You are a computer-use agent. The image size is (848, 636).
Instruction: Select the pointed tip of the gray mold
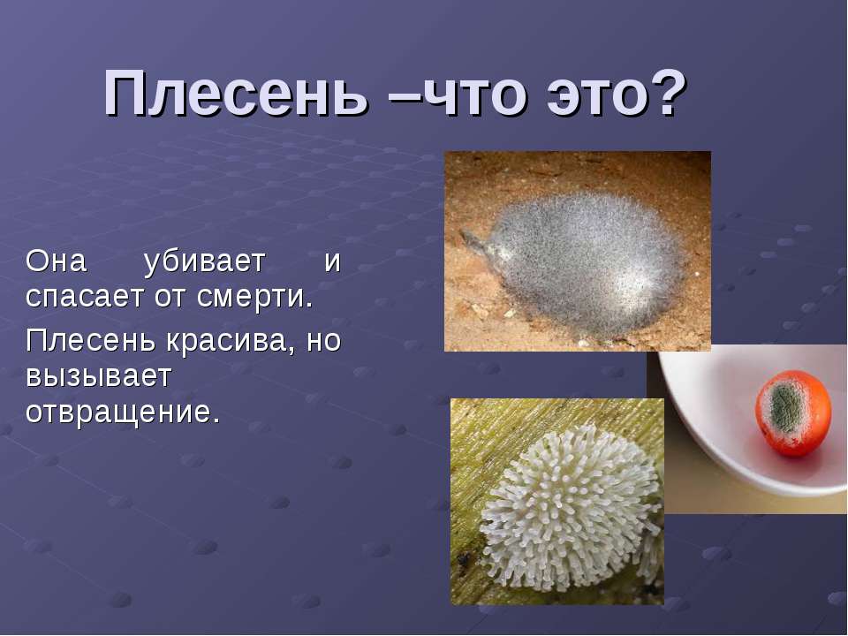[x=466, y=237]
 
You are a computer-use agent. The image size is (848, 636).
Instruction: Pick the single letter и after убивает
[x=332, y=261]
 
